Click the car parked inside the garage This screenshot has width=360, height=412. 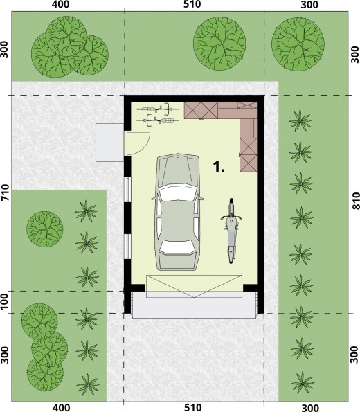pos(178,212)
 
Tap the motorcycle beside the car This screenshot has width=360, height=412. pos(231,231)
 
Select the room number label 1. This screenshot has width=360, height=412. pos(218,167)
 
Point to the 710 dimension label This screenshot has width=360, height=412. pos(6,192)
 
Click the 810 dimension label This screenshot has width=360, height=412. pos(355,201)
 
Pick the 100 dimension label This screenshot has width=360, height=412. pos(4,302)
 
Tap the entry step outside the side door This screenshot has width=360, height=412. pos(109,143)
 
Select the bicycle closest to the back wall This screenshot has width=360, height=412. pos(154,109)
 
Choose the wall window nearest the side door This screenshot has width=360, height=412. pos(127,190)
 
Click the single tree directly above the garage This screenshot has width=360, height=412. pos(219,44)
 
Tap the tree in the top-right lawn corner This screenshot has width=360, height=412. pos(298,44)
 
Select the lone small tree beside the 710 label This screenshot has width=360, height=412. pos(45,229)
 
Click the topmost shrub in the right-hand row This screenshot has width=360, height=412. pos(300,121)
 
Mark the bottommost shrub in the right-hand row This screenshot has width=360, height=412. pos(303,382)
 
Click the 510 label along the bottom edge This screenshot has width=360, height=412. pos(192,408)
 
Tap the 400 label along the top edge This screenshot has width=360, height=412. pos(61,4)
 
